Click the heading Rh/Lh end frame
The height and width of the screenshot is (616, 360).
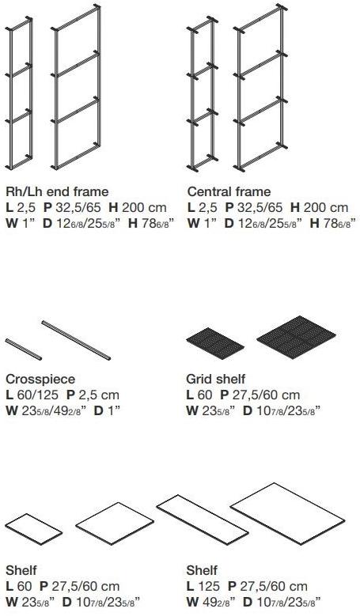click(57, 191)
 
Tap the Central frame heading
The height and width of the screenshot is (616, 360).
click(229, 191)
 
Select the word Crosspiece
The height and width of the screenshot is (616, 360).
click(40, 380)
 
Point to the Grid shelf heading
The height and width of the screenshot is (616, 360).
click(215, 380)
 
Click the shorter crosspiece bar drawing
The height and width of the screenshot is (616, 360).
click(23, 350)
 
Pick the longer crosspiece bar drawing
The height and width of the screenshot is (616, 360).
click(76, 340)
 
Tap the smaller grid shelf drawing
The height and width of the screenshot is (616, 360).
click(215, 343)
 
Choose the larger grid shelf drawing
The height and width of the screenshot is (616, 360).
click(297, 337)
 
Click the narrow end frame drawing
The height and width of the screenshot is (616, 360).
click(19, 93)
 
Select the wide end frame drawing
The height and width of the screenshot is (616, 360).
click(77, 87)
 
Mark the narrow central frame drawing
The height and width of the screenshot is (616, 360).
click(203, 93)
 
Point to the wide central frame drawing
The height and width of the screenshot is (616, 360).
click(260, 87)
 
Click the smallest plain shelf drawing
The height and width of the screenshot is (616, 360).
click(33, 529)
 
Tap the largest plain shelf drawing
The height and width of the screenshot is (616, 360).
click(288, 513)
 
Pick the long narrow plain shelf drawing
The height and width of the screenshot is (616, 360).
click(203, 520)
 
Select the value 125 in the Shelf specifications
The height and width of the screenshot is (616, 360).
click(209, 586)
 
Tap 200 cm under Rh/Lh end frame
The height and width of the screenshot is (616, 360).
click(144, 207)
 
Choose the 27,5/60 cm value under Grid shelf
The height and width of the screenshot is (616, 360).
click(266, 395)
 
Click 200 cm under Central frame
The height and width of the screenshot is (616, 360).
click(326, 207)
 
